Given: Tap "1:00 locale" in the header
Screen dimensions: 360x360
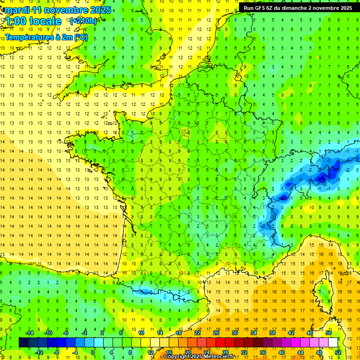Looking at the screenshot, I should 33,21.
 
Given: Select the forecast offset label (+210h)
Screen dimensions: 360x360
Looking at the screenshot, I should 83,21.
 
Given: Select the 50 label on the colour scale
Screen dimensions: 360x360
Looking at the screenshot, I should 329,333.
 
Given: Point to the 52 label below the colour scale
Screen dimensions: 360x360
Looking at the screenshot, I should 338,352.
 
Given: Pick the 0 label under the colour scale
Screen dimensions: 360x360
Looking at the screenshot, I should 93,352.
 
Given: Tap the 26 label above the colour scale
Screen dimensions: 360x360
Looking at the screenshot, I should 216,333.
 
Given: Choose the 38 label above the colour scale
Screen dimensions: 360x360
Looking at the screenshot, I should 272,333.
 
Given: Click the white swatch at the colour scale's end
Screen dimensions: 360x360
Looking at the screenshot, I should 333,343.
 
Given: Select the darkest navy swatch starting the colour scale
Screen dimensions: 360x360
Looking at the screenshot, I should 23,343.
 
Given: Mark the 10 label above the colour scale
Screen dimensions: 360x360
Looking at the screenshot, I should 141,333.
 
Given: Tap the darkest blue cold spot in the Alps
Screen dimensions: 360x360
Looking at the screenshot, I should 322,178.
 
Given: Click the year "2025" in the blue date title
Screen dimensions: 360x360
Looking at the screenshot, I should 101,10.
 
